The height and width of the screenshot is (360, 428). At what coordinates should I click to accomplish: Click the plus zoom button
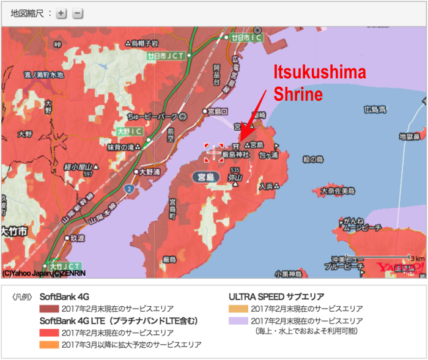click(61, 13)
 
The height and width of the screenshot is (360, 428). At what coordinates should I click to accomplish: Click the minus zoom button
click(77, 13)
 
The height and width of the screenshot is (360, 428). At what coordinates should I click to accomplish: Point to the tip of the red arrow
click(240, 139)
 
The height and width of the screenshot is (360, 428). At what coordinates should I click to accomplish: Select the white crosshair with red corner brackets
click(214, 152)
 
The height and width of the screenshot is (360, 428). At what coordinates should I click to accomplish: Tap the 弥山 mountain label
click(235, 178)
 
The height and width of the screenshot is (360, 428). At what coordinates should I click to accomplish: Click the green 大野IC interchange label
click(128, 131)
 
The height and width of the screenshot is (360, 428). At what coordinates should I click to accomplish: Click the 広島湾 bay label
click(374, 110)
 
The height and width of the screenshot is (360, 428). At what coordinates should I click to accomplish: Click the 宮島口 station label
click(217, 111)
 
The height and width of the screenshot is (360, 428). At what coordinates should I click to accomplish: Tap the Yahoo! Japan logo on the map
click(400, 268)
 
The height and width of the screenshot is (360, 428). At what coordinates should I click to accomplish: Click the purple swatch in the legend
click(237, 321)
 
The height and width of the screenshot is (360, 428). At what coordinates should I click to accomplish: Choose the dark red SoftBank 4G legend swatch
click(48, 309)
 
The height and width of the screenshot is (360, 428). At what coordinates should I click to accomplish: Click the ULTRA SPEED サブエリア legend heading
click(276, 296)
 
